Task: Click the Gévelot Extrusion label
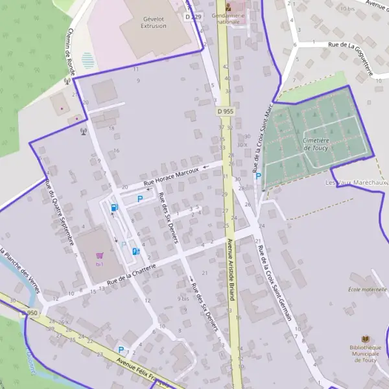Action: [x=154, y=23]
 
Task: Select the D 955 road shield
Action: [x=225, y=112]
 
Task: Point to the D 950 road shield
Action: [x=29, y=313]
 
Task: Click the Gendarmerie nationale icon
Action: [x=227, y=6]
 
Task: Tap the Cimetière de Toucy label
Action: [x=315, y=144]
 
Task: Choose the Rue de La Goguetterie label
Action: [x=351, y=54]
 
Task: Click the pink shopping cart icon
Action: [x=99, y=255]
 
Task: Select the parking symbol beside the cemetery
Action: [x=257, y=176]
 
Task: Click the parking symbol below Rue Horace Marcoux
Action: [x=139, y=199]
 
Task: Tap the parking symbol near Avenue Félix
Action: [x=121, y=349]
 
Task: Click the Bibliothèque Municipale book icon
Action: [x=366, y=338]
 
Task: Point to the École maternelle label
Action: [x=367, y=290]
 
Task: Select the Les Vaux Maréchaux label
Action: [x=356, y=183]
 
